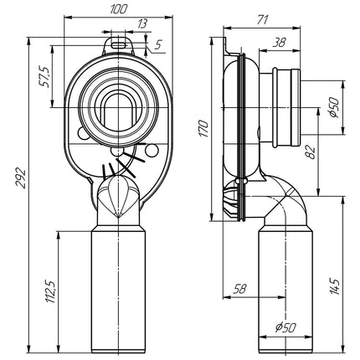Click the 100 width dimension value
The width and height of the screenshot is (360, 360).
(x=119, y=9)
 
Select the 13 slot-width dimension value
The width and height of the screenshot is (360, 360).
(x=142, y=24)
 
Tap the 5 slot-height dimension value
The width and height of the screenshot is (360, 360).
(x=158, y=44)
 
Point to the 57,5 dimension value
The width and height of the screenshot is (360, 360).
(x=44, y=77)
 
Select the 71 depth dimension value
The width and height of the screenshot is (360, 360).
(x=262, y=20)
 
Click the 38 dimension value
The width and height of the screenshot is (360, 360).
(x=279, y=43)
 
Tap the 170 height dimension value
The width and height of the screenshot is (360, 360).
(x=204, y=128)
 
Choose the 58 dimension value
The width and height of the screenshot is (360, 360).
(x=239, y=289)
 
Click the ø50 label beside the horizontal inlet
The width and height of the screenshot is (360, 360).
(x=334, y=107)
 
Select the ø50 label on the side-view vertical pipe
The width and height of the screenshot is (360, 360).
(x=285, y=327)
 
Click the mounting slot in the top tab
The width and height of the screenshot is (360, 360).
(x=119, y=45)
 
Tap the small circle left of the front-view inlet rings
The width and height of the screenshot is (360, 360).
(x=82, y=134)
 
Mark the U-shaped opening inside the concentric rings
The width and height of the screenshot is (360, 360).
(x=118, y=111)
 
